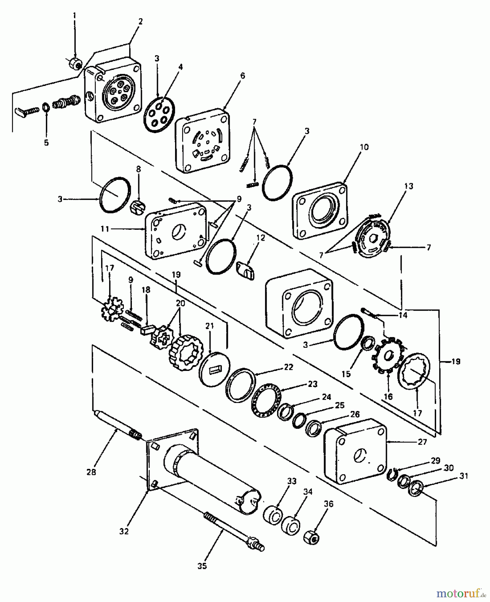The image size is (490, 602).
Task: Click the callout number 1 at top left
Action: tap(75, 16)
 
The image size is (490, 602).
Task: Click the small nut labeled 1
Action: tap(75, 63)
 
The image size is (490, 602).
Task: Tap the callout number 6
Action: tap(242, 76)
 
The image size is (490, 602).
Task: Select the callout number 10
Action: tap(364, 147)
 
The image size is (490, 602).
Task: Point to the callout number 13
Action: tap(409, 186)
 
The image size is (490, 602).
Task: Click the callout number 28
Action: tap(91, 472)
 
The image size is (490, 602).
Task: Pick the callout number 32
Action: tap(124, 531)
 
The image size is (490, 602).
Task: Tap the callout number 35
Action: tap(202, 566)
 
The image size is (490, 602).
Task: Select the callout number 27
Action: tap(422, 442)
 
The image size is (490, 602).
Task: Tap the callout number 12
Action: tap(260, 238)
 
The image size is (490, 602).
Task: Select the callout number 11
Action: tap(105, 229)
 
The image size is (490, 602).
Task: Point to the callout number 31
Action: tap(464, 476)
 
